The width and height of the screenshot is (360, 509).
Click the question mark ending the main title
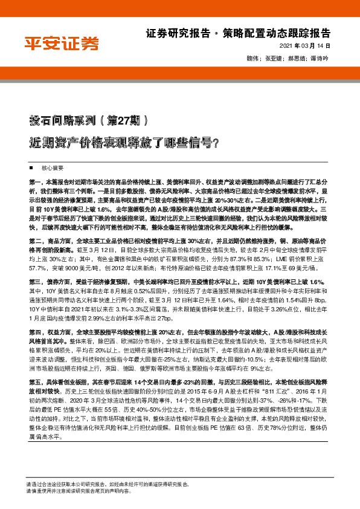tap(216, 143)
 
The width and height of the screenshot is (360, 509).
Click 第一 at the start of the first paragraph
tap(34, 182)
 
